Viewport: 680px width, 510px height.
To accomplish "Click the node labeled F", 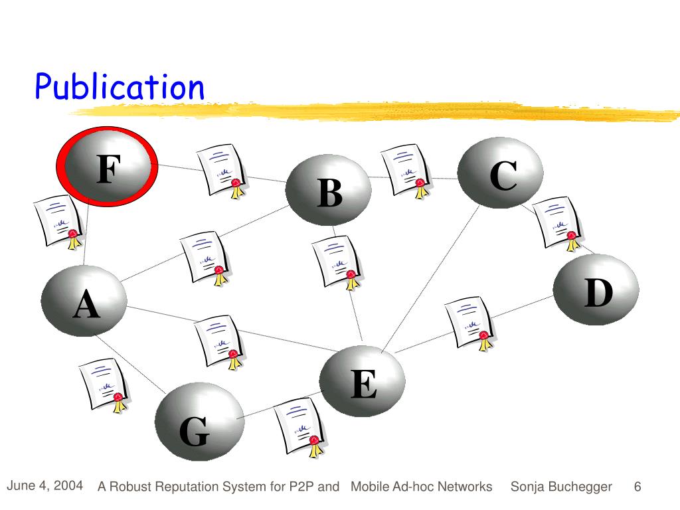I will point(107,169).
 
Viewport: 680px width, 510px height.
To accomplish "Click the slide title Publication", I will point(120,87).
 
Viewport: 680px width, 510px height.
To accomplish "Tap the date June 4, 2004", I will point(44,485).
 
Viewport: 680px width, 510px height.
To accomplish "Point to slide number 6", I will point(637,487).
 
